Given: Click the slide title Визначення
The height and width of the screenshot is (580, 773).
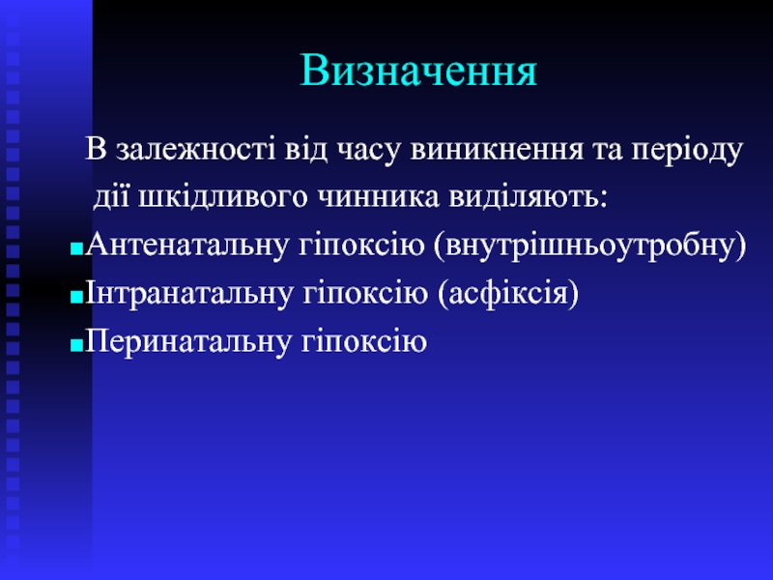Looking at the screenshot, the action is point(418,71).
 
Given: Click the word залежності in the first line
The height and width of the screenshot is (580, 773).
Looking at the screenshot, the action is point(196,149).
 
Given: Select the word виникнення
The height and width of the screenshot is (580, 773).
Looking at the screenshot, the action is point(496,150).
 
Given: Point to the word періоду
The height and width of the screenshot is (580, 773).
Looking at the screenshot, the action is point(687,150).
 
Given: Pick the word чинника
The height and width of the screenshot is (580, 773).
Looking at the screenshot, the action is point(378,197).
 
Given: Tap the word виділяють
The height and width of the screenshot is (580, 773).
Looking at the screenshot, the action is point(528,197).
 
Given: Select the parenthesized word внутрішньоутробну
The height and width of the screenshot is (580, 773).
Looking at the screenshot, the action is point(590,246).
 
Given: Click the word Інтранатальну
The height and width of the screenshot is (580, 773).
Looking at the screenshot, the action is point(188,293).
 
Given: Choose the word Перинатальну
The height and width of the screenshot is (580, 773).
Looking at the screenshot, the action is point(187,341).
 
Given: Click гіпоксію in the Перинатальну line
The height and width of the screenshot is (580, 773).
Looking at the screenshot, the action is point(364,341).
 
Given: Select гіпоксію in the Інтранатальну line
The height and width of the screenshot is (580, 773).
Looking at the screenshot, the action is point(365,293).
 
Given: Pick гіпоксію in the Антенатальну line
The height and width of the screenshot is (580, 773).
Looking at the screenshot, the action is point(361,245).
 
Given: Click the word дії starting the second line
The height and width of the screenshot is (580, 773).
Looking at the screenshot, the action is point(111,197).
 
